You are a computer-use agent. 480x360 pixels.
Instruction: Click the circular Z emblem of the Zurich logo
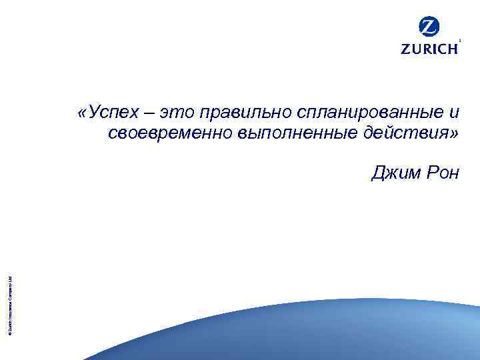429,27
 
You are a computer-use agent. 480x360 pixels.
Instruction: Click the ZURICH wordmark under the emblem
429,49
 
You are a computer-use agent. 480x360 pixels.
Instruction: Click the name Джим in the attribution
393,174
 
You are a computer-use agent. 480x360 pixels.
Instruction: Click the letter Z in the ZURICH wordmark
405,49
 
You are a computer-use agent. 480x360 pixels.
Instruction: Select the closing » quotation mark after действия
455,134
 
